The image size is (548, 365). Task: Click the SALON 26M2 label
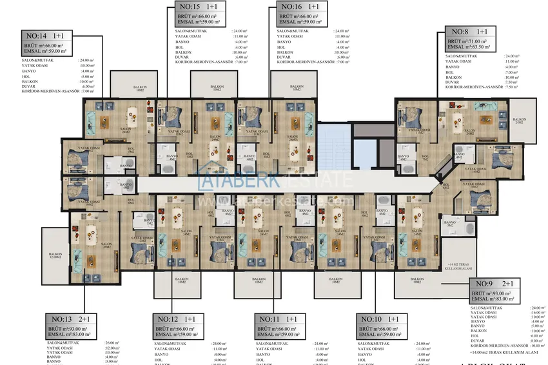[x=106, y=246]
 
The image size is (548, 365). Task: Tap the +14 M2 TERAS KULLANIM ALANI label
[x=460, y=267]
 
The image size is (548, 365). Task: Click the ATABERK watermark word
[x=232, y=181]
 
